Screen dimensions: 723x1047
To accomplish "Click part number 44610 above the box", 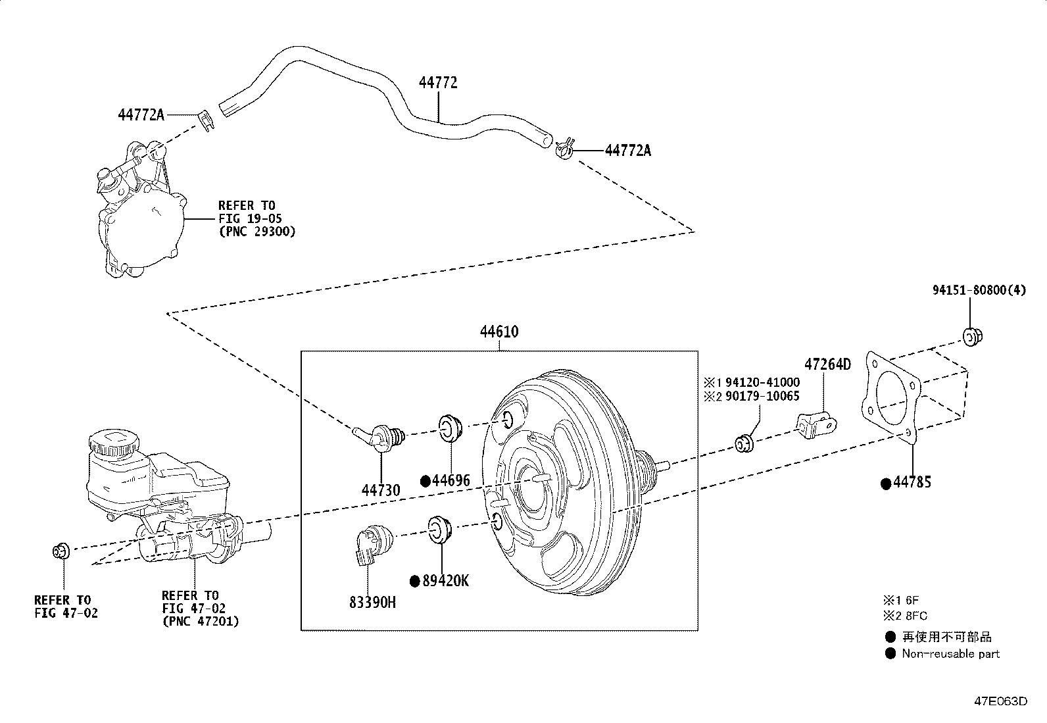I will click(x=499, y=332).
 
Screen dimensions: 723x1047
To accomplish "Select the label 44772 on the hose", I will click(x=438, y=83).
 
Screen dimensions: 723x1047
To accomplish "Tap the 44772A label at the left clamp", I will click(x=141, y=114).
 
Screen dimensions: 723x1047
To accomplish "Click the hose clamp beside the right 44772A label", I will click(x=564, y=148).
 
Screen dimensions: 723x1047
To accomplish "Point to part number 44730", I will click(x=380, y=489).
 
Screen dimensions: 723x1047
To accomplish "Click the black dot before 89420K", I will click(x=414, y=581).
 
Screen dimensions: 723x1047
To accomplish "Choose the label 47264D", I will click(x=827, y=364).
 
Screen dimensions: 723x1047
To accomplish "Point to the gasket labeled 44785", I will click(x=892, y=395).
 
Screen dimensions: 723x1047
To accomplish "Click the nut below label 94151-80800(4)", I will click(x=971, y=337).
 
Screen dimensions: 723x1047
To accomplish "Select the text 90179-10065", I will click(x=763, y=396).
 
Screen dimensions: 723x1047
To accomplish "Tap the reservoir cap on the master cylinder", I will click(x=113, y=441).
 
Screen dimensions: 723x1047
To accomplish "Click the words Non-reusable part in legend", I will click(x=950, y=654).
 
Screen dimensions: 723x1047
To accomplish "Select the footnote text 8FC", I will click(x=915, y=616).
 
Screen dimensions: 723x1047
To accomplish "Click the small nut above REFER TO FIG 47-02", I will click(x=61, y=550).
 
